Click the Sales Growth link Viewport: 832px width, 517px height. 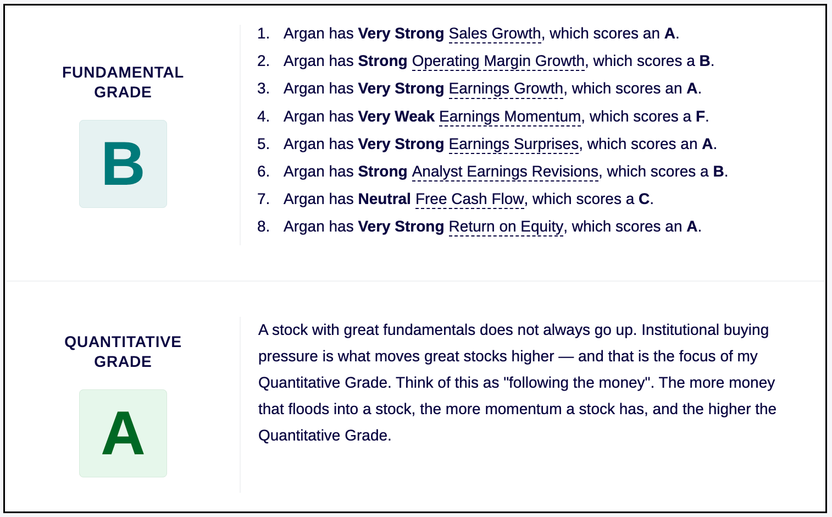pos(495,34)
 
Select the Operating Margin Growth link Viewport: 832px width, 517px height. pos(498,61)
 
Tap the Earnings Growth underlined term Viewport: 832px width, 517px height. pos(506,89)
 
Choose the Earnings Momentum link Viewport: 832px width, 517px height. pos(510,117)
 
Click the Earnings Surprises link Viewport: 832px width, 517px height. pos(514,144)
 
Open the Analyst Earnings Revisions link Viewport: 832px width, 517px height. pos(505,172)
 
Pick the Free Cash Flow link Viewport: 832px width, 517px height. pos(470,199)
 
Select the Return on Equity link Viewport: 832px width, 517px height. pos(506,227)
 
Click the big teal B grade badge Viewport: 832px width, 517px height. pos(123,164)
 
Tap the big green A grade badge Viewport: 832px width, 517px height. pos(123,433)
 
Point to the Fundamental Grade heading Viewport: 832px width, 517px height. pos(123,82)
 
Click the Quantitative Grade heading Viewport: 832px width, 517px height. pos(123,351)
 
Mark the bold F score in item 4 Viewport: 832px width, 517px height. pos(700,117)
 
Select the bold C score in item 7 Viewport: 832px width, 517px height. pos(644,199)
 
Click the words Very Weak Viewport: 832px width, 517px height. pos(396,117)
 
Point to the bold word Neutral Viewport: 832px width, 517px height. pos(385,199)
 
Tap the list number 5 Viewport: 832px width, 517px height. pos(263,144)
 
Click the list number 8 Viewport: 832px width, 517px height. pos(263,227)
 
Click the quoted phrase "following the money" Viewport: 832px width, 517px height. pos(578,382)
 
